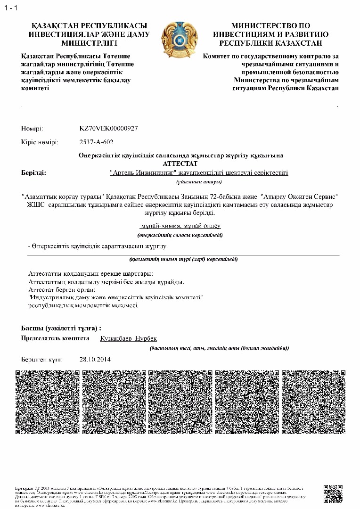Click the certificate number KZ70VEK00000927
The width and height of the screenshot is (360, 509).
coord(109,128)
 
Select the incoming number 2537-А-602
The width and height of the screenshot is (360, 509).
coord(97,142)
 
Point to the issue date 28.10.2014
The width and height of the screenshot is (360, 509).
coord(95,359)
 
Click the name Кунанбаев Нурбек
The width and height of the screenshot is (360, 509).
coord(129,339)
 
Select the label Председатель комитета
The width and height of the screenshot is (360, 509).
coord(55,339)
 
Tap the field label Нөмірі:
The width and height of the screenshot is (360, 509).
coord(32,128)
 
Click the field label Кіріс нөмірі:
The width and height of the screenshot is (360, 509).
coord(40,142)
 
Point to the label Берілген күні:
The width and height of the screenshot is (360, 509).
coord(41,359)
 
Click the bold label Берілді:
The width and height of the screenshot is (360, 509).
coord(33,173)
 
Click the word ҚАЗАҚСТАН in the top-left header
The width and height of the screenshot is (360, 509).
coord(54,25)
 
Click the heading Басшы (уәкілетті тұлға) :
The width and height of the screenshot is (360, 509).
coord(61,328)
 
